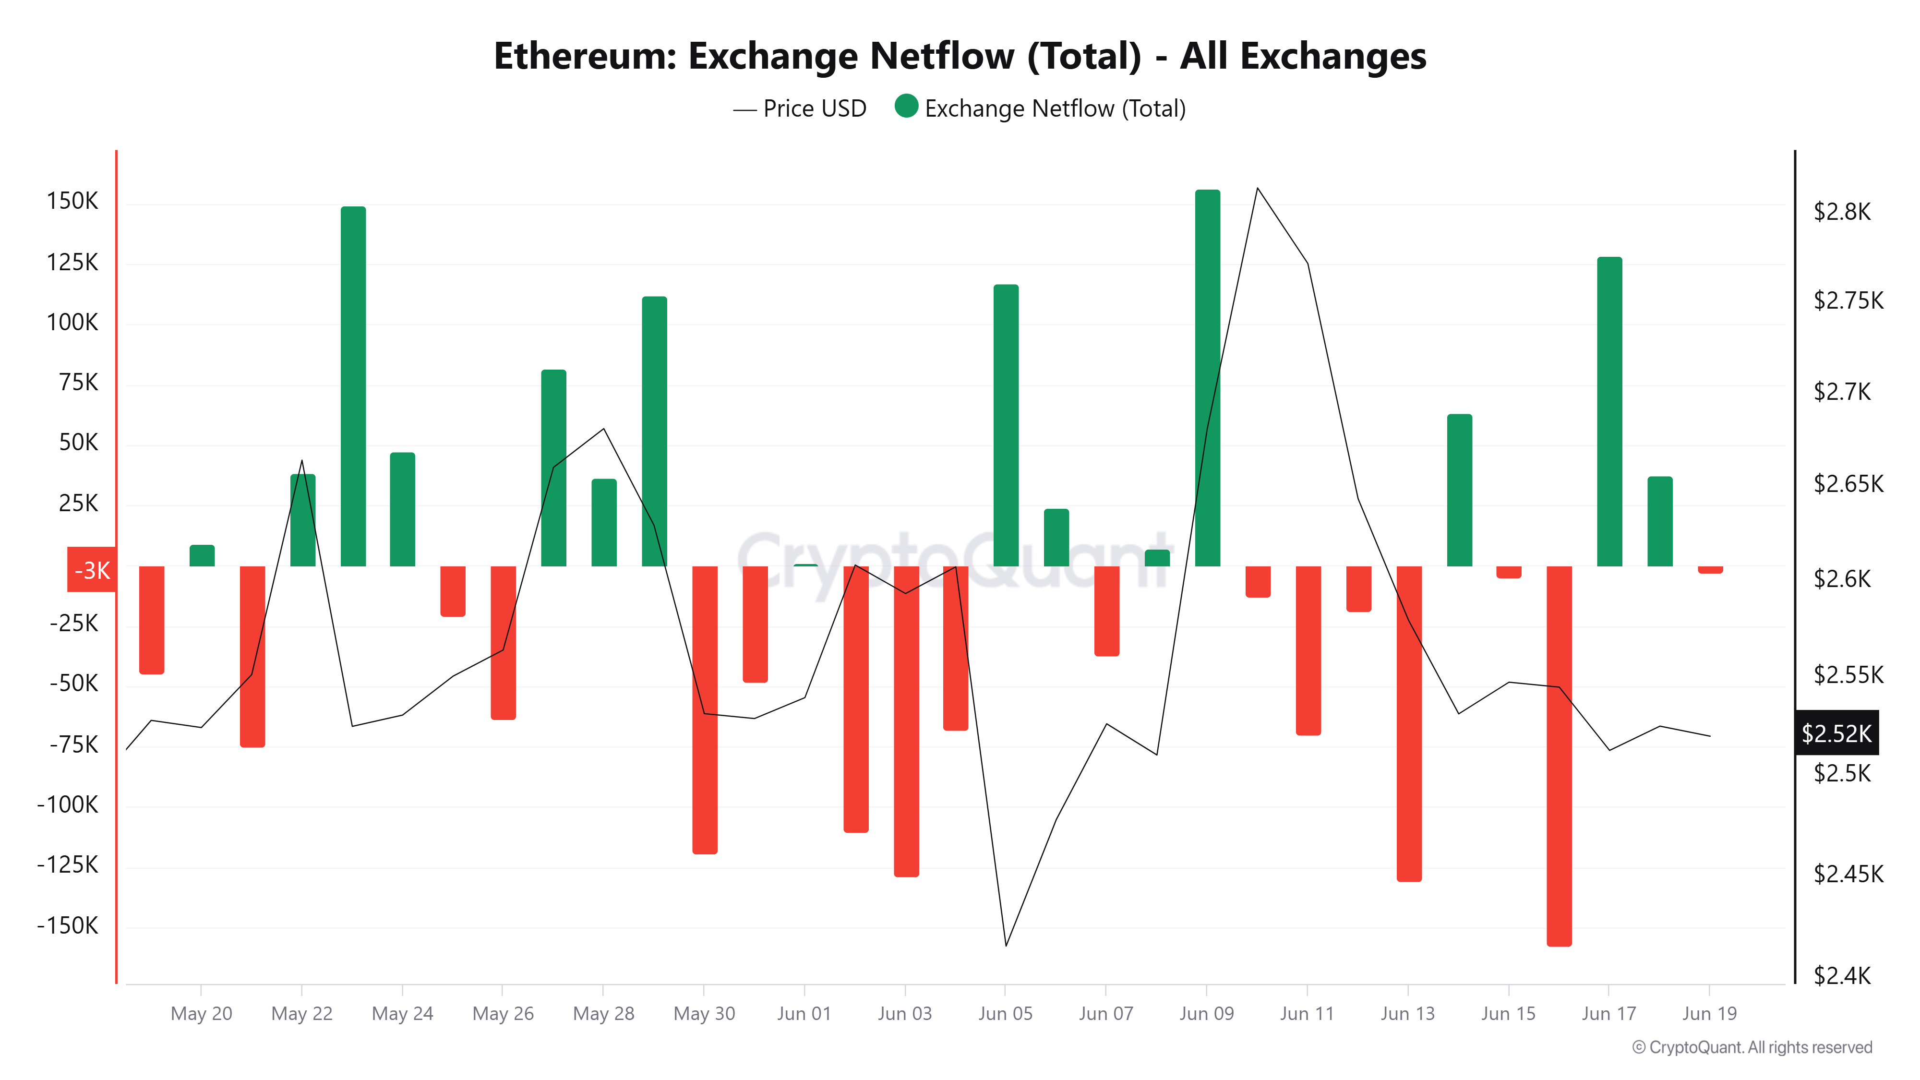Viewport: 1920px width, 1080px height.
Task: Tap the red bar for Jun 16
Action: [1559, 756]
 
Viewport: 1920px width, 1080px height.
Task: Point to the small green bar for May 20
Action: [202, 556]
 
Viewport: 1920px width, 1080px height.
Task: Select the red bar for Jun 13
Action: [1409, 723]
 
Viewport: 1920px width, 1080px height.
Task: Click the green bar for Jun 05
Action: [1006, 425]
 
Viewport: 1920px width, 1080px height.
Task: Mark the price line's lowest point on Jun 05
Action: [1006, 946]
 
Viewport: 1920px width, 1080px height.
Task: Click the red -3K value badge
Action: [92, 570]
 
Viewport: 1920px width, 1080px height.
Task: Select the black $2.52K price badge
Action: [1836, 733]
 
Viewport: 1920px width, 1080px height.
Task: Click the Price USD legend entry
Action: [801, 109]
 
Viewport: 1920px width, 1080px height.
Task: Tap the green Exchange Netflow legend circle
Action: [906, 107]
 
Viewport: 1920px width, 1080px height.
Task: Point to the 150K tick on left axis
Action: [72, 201]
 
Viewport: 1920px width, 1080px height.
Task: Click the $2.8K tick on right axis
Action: [1842, 212]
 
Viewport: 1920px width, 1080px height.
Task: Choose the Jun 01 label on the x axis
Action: [804, 1014]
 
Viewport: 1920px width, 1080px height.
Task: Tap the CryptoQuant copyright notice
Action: [1752, 1047]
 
